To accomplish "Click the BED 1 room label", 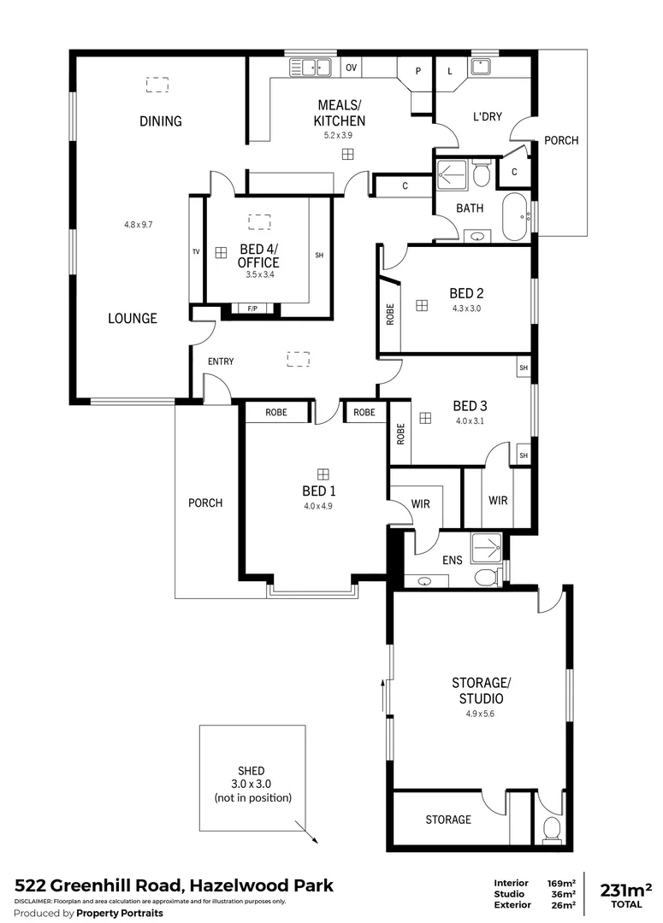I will coord(318,491).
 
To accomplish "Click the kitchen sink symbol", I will coord(310,66).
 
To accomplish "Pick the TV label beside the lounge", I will coord(196,251).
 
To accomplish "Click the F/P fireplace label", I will coord(252,308).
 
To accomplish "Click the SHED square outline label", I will coord(252,784).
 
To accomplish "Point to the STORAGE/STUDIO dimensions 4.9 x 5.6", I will coord(480,714).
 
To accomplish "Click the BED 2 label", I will coord(467,293).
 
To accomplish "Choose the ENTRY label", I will coord(221,362).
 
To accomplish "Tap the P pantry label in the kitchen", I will coord(418,71).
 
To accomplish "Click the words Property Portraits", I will coord(120,913).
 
